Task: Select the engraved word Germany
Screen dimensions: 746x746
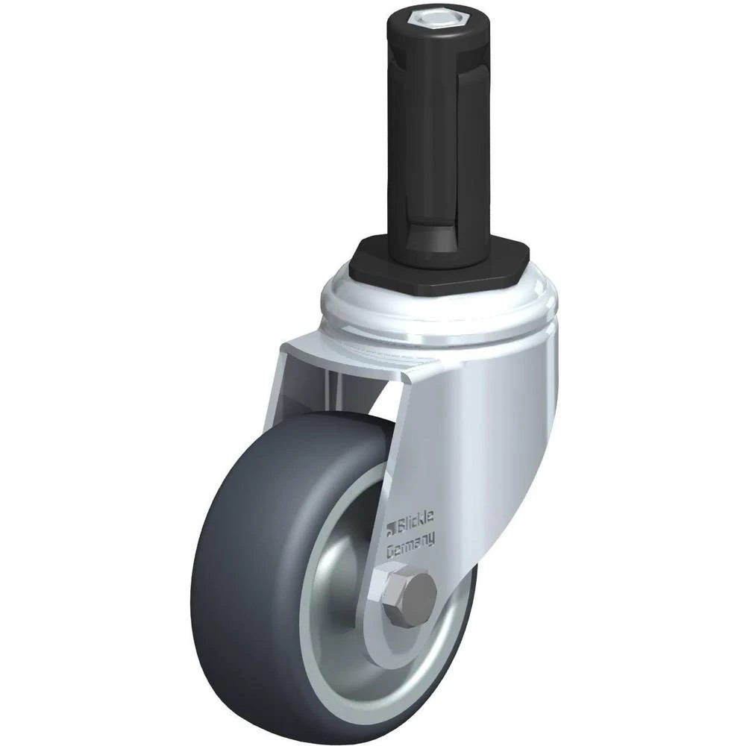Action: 411,546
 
